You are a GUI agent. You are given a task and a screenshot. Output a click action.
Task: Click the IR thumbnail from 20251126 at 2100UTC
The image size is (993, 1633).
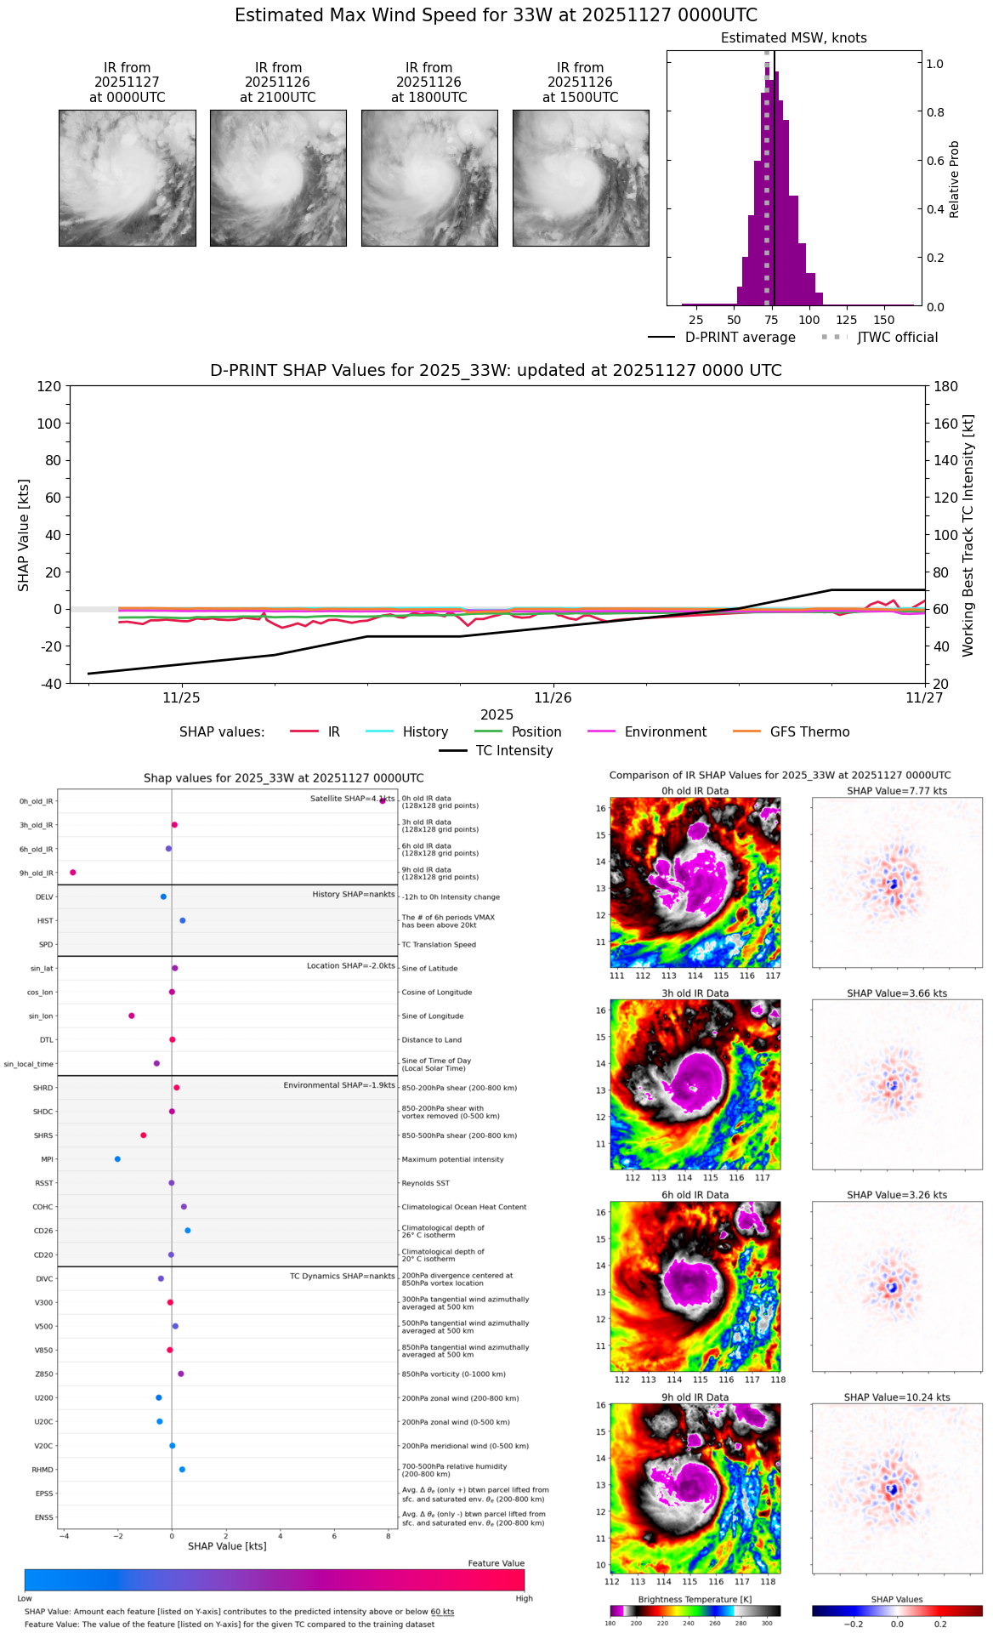coord(278,178)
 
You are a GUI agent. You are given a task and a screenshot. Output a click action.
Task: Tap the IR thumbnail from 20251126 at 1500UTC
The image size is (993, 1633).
coord(581,178)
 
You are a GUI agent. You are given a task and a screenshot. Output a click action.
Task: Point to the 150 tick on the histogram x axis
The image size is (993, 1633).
coord(884,320)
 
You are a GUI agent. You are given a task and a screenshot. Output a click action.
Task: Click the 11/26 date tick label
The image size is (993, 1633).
coord(553,698)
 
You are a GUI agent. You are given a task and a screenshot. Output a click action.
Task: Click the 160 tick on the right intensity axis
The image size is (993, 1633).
coord(946,424)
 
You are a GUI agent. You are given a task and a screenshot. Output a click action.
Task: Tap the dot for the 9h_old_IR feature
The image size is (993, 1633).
coord(73,873)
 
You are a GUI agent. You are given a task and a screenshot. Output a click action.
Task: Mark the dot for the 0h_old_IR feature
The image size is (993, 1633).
coord(383,800)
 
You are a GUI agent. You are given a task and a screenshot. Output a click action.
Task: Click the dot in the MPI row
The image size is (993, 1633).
coord(117,1159)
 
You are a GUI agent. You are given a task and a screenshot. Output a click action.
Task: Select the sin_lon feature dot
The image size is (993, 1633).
coord(132,1016)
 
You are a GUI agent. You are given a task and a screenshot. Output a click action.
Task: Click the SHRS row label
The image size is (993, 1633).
coord(43,1136)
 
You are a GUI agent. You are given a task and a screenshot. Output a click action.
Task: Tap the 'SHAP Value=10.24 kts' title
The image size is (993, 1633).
coord(897,1397)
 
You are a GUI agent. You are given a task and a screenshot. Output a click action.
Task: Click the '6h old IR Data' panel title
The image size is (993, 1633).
coord(695,1195)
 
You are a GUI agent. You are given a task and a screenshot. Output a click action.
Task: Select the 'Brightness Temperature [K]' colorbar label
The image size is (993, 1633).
coord(695,1600)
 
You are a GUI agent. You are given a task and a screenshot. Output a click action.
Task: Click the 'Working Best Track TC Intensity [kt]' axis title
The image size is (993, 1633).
coord(967,536)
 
